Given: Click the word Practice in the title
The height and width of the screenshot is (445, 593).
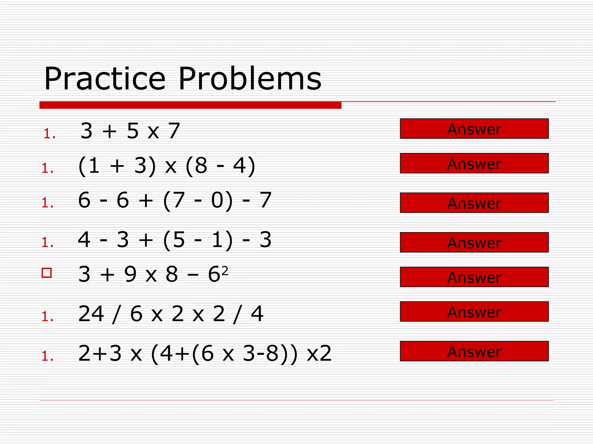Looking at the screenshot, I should [x=105, y=79].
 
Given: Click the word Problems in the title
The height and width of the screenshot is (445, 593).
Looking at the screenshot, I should [x=250, y=79].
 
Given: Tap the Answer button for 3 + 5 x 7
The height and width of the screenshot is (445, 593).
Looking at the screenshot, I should [x=474, y=129].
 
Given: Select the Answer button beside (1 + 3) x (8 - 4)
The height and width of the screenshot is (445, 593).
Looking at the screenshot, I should [x=474, y=163].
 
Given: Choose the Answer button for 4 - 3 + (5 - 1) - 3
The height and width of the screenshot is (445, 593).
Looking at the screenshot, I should [x=474, y=242].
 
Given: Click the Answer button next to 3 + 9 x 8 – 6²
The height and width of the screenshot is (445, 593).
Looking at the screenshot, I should [x=474, y=277].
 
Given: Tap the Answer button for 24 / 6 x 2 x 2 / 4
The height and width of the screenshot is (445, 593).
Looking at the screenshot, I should [x=474, y=312].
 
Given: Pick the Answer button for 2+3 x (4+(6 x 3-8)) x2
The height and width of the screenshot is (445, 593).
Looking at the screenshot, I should [x=474, y=351].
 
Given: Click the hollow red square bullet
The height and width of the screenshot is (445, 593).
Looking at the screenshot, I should [x=47, y=273].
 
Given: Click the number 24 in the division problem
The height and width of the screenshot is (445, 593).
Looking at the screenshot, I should [x=91, y=314].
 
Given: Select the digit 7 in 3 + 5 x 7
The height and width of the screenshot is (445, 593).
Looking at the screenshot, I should [x=174, y=131].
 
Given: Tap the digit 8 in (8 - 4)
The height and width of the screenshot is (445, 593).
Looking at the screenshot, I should [x=201, y=166].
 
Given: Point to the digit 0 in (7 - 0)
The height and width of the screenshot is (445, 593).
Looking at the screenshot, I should [x=217, y=200].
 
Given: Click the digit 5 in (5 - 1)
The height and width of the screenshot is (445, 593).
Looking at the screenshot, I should [x=178, y=240].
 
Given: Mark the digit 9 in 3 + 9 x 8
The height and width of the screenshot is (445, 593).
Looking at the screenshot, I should [x=130, y=274].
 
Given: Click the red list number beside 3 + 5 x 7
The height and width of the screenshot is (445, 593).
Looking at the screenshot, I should [x=49, y=134].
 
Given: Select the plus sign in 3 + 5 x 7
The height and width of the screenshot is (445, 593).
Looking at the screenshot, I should [x=109, y=132].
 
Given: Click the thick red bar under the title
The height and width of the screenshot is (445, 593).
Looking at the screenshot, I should [x=190, y=105].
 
